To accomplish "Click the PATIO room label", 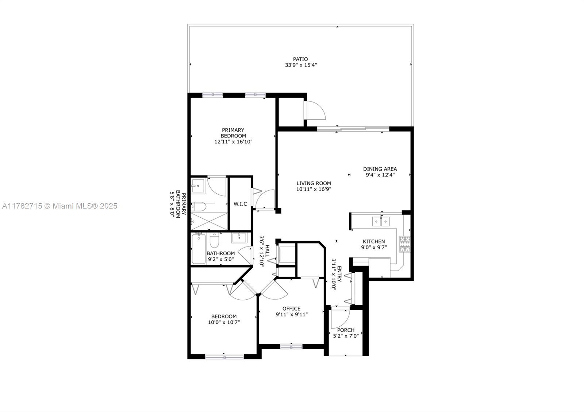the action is pyautogui.click(x=300, y=59).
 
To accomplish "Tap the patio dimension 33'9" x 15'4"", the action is pyautogui.click(x=301, y=65).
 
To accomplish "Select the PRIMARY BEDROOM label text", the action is pyautogui.click(x=233, y=133).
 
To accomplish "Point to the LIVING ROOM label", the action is pyautogui.click(x=314, y=183).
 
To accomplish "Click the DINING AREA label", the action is pyautogui.click(x=380, y=169).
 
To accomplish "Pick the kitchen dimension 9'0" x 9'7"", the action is pyautogui.click(x=374, y=248).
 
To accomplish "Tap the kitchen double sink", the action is pyautogui.click(x=381, y=221).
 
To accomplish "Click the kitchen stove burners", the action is pyautogui.click(x=405, y=244).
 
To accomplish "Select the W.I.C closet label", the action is pyautogui.click(x=240, y=204).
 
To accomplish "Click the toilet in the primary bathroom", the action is pyautogui.click(x=199, y=206).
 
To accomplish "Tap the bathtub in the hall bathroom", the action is pyautogui.click(x=199, y=248).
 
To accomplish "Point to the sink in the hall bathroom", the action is pyautogui.click(x=239, y=238).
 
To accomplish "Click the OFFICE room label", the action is pyautogui.click(x=292, y=308).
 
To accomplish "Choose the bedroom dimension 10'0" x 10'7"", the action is pyautogui.click(x=224, y=322).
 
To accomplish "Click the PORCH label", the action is pyautogui.click(x=346, y=330).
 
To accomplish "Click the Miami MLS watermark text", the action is pyautogui.click(x=60, y=206).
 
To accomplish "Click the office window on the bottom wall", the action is pyautogui.click(x=291, y=347).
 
